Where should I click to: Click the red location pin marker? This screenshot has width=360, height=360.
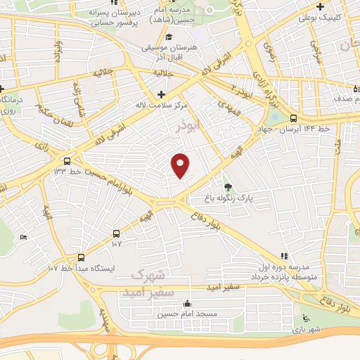tap(181, 165)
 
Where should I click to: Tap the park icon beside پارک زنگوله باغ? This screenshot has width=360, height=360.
tap(228, 187)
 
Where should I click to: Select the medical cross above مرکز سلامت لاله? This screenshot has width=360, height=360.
tap(162, 94)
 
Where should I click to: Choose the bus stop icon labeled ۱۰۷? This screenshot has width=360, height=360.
tap(116, 233)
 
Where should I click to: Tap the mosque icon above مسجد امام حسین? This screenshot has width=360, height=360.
tap(186, 304)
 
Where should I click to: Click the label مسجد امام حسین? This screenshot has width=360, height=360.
tap(186, 314)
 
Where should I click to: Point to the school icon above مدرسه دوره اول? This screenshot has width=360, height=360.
tap(283, 256)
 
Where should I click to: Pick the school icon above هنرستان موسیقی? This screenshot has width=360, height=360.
tap(168, 37)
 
